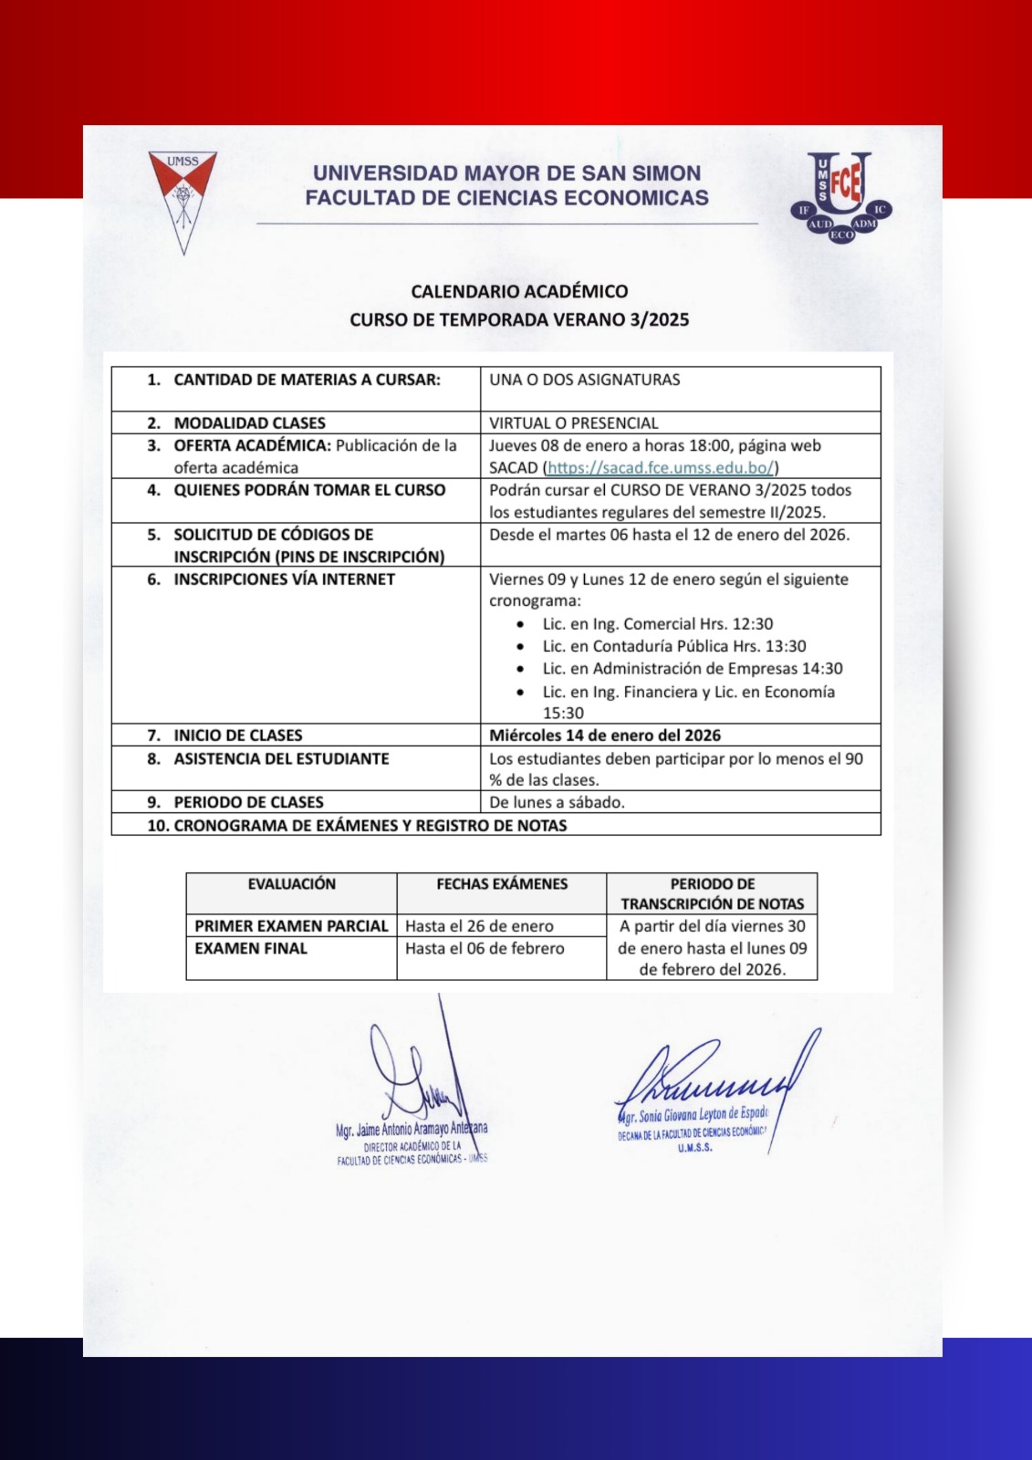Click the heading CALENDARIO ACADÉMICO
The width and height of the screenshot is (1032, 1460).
[x=519, y=292]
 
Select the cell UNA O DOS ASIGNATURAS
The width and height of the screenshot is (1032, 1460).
[x=585, y=380]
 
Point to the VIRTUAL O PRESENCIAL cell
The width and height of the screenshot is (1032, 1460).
[x=573, y=423]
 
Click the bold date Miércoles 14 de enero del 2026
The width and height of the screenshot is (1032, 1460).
[x=605, y=735]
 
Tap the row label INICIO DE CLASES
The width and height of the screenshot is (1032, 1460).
[x=237, y=735]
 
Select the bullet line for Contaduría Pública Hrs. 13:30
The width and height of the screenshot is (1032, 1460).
[x=673, y=646]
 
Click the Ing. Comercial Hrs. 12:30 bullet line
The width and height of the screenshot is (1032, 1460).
[x=657, y=624]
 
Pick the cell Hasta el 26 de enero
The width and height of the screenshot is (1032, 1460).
[x=479, y=926]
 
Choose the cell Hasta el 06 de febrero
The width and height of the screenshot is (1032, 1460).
[x=485, y=949]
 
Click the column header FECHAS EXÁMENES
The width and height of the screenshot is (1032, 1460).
[x=502, y=884]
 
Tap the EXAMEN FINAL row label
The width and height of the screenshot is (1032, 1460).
[x=251, y=949]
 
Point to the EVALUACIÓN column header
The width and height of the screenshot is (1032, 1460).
[x=291, y=884]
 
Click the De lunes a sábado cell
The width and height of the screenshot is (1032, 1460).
[x=557, y=803]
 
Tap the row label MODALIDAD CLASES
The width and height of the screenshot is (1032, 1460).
[x=249, y=423]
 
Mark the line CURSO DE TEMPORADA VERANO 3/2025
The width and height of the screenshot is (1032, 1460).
[x=519, y=320]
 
